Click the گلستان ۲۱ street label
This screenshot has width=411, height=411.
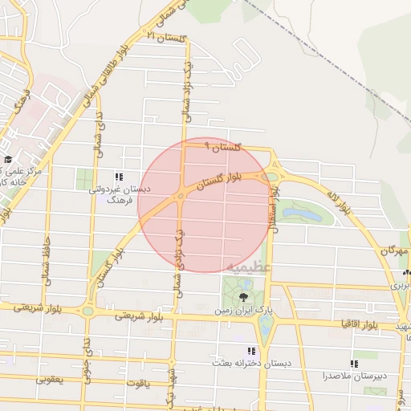(168, 37)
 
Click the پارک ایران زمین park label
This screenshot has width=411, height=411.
(244, 309)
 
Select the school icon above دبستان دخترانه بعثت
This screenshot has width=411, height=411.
(251, 351)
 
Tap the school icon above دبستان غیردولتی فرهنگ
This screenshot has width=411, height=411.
(119, 177)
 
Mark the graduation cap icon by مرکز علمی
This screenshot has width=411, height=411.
(8, 160)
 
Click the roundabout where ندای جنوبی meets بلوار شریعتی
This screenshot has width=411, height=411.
(87, 310)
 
